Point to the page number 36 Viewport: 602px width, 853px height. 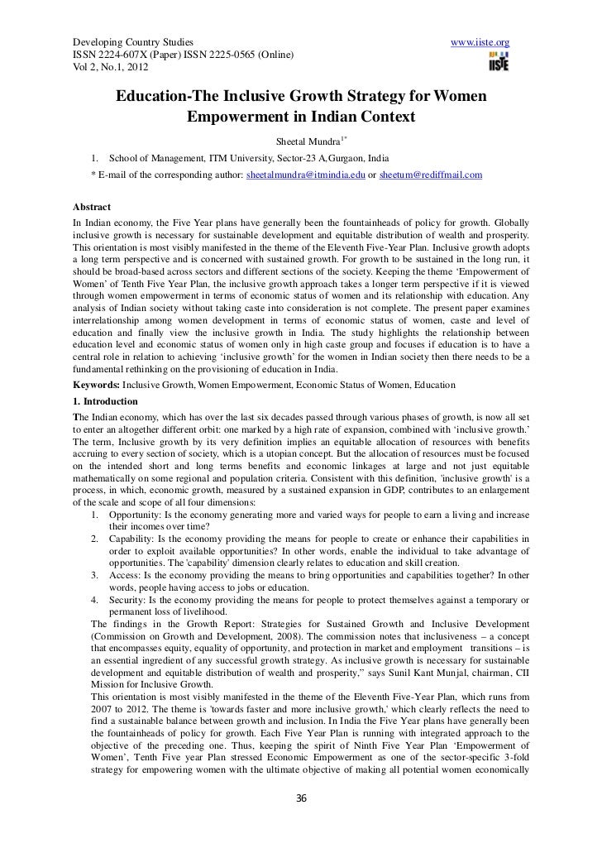[x=301, y=822]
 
